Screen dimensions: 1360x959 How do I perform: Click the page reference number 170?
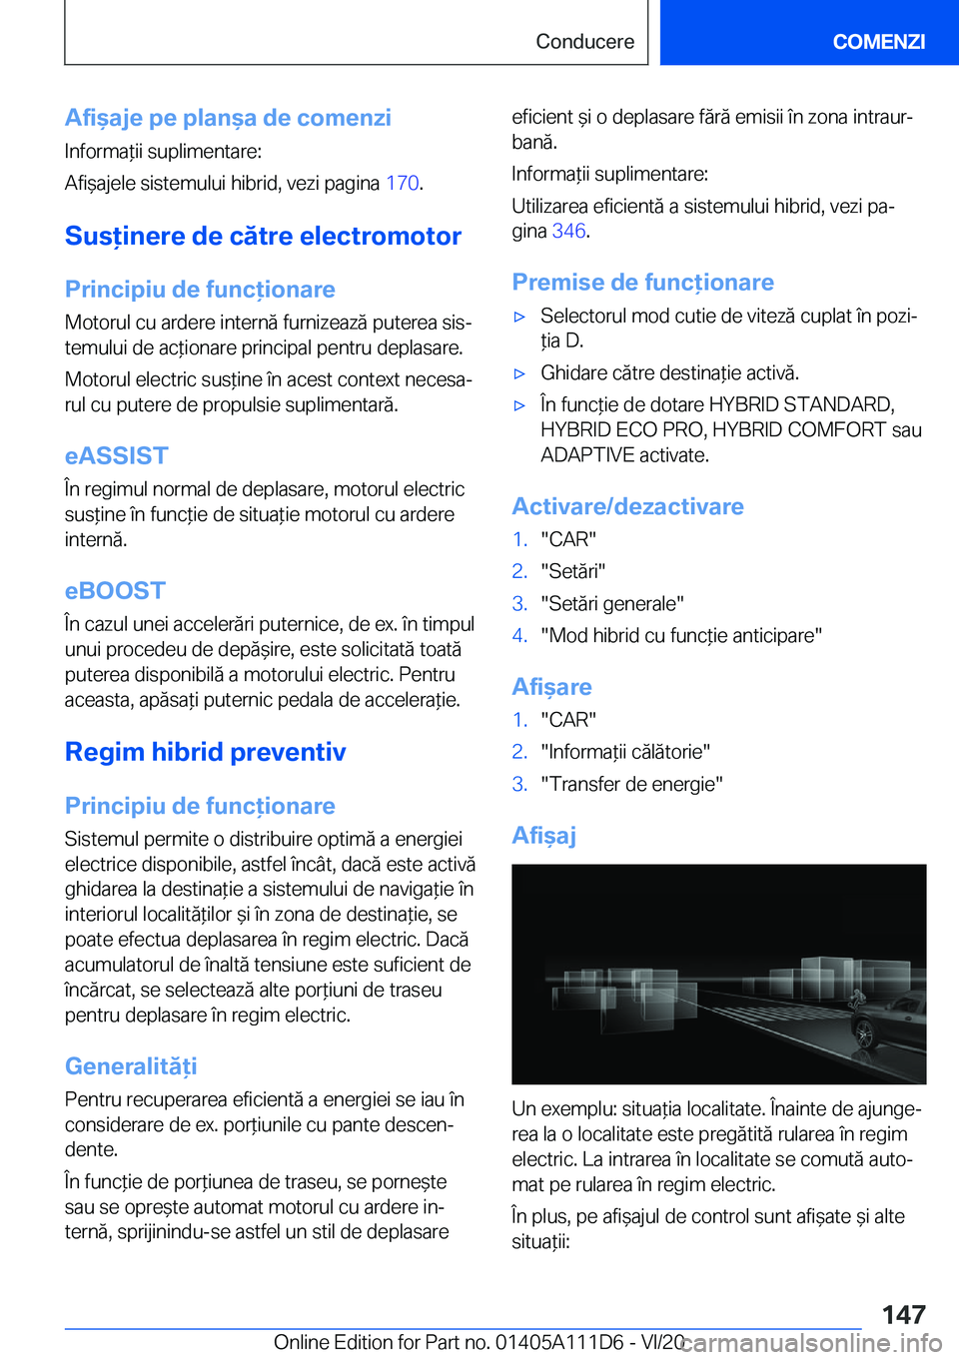[x=402, y=183]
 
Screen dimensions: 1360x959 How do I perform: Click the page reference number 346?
[x=568, y=231]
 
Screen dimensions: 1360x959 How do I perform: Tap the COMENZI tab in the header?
[x=878, y=41]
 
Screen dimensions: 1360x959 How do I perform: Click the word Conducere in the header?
[x=584, y=41]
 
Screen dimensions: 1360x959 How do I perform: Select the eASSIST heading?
[x=116, y=456]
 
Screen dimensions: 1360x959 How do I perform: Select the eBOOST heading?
[x=115, y=591]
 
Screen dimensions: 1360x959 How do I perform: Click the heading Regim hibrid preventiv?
[x=205, y=752]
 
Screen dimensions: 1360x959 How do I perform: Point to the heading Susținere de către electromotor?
[x=263, y=237]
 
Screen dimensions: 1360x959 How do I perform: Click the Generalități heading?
[x=131, y=1066]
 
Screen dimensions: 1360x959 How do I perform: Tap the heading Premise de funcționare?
[x=642, y=283]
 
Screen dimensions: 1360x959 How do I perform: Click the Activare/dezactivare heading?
[x=627, y=506]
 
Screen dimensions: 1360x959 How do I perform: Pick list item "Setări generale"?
[x=611, y=603]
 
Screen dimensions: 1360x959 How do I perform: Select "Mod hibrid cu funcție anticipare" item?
[x=681, y=635]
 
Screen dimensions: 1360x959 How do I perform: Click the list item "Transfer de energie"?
[x=631, y=784]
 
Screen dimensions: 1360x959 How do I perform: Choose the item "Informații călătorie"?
[x=625, y=751]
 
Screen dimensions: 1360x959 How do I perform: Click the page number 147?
[x=903, y=1314]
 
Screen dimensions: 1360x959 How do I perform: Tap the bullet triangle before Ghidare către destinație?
[x=519, y=373]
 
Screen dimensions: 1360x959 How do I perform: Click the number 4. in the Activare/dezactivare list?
[x=519, y=635]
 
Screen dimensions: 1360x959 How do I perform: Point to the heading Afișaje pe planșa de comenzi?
[x=228, y=118]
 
